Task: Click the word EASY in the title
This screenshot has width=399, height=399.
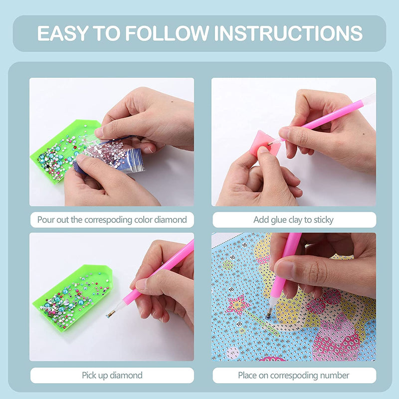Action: tap(63, 33)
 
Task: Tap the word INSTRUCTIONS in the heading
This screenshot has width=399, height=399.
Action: tap(288, 33)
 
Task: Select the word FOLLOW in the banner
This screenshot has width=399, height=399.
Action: tap(167, 33)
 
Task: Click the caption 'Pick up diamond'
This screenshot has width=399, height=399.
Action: tap(112, 376)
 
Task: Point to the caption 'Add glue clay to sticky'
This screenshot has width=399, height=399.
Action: tap(293, 219)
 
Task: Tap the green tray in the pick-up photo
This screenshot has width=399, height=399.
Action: tap(72, 298)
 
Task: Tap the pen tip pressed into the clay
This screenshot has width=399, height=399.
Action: tap(270, 144)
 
